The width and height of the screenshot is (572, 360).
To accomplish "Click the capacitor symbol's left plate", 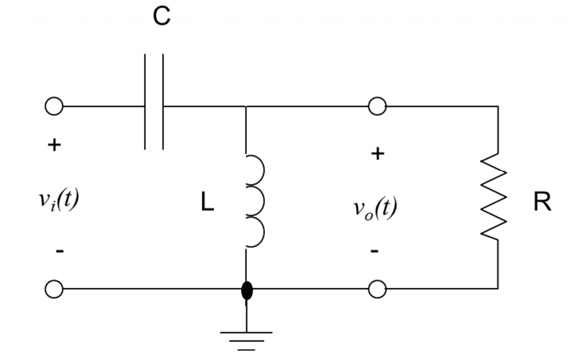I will pyautogui.click(x=146, y=102).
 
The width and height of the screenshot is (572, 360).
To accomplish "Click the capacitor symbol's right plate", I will pyautogui.click(x=163, y=102).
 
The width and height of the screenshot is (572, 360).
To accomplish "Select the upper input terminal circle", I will pyautogui.click(x=54, y=107).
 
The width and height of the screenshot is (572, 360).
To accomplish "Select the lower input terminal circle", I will pyautogui.click(x=54, y=289).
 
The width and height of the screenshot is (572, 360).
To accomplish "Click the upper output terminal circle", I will pyautogui.click(x=376, y=107).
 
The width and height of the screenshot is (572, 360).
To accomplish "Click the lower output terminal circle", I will pyautogui.click(x=376, y=289).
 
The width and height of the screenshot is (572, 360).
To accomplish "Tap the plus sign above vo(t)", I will pyautogui.click(x=377, y=154).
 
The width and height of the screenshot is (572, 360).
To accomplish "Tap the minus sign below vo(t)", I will pyautogui.click(x=376, y=251).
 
